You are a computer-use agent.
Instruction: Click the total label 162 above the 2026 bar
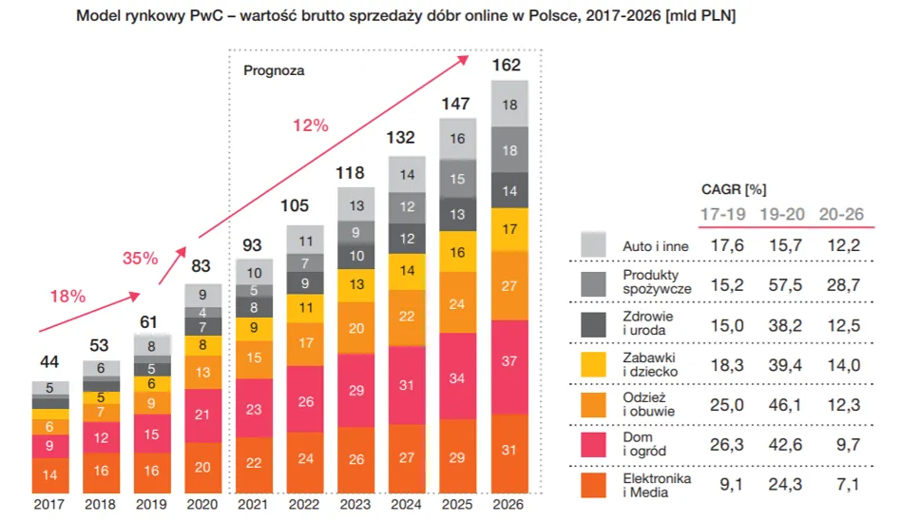(x=509, y=66)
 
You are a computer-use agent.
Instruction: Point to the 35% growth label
(x=140, y=258)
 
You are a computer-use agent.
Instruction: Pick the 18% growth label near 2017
(x=67, y=296)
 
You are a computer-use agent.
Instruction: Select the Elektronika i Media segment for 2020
(x=203, y=466)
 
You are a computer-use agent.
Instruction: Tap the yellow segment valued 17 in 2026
(x=509, y=228)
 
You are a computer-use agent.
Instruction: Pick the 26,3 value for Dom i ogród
(x=724, y=445)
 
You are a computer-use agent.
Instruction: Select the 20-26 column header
(x=840, y=214)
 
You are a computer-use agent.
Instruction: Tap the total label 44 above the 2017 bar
(x=50, y=362)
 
